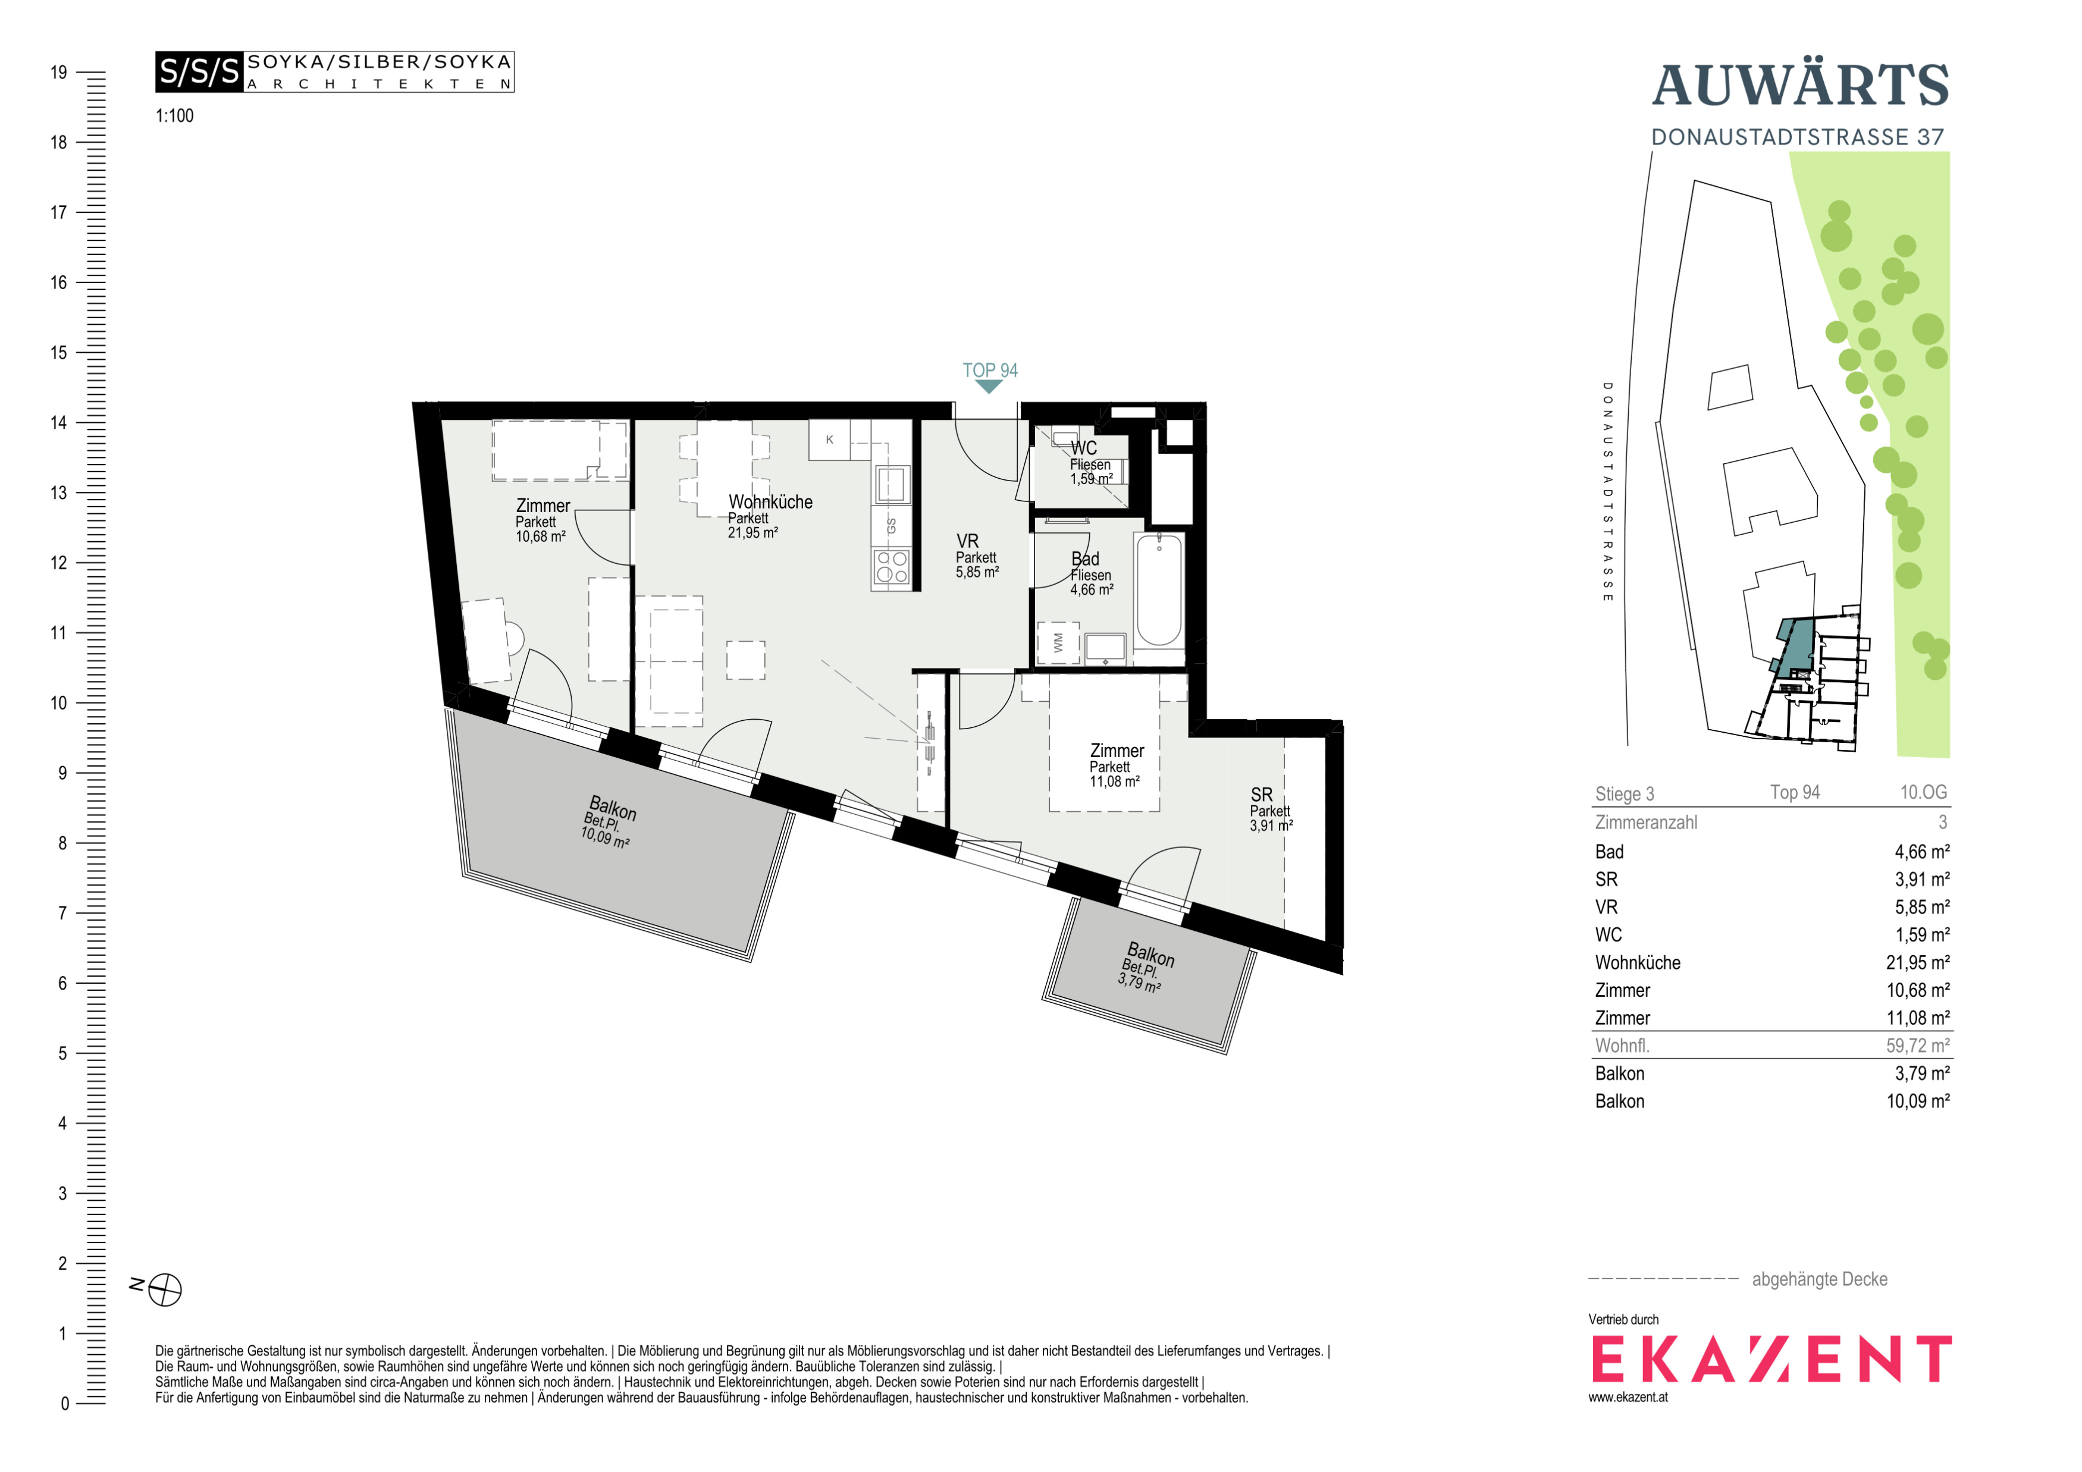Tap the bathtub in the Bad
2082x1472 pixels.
coord(1159,589)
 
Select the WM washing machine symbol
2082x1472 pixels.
coord(1058,643)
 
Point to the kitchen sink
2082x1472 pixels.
coord(891,485)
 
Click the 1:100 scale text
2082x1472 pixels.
coord(174,116)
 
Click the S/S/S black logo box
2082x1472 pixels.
coord(199,71)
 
